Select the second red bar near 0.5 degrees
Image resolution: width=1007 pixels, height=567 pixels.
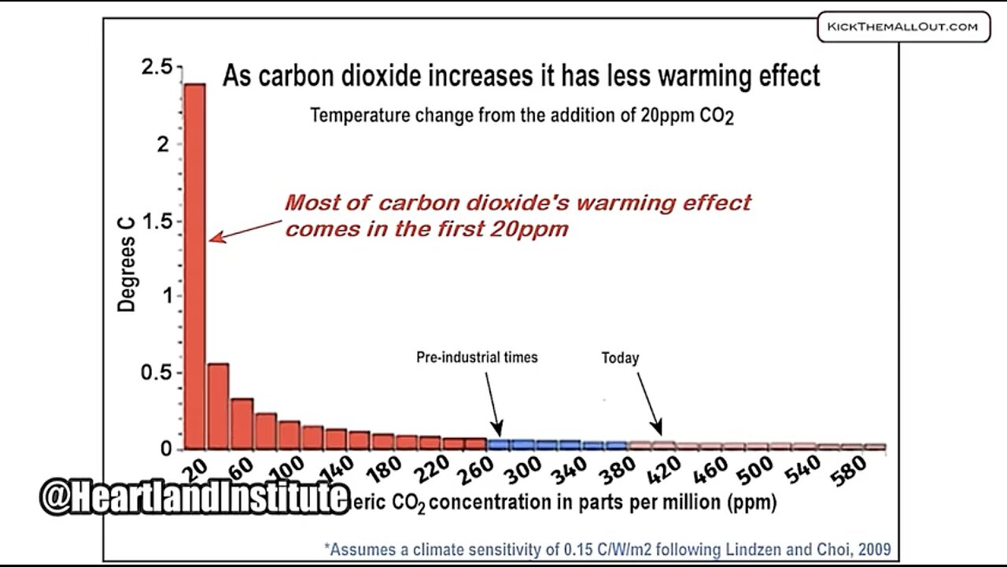coord(218,406)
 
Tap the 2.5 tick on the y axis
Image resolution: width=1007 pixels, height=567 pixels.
coord(156,69)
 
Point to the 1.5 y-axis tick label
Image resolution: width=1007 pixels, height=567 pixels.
coord(156,221)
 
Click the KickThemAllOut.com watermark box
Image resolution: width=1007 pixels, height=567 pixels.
coord(902,27)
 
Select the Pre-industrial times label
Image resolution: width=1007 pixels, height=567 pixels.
coord(477,357)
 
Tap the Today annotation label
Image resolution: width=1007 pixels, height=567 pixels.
coord(620,358)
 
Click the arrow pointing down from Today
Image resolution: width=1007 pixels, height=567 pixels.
coord(649,402)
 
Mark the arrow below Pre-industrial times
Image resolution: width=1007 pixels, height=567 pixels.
coord(492,402)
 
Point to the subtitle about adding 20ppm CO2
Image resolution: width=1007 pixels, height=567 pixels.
coord(522,116)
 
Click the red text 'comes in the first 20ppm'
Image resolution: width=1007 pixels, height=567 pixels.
coord(426,229)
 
